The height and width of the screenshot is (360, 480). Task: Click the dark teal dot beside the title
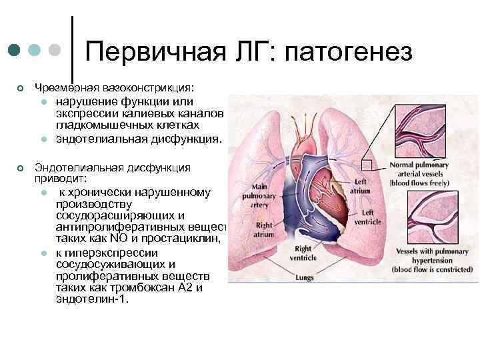[x=15, y=51]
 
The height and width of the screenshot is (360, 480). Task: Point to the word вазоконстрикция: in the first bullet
[x=147, y=87]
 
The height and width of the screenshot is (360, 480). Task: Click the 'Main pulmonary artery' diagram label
[x=257, y=195]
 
